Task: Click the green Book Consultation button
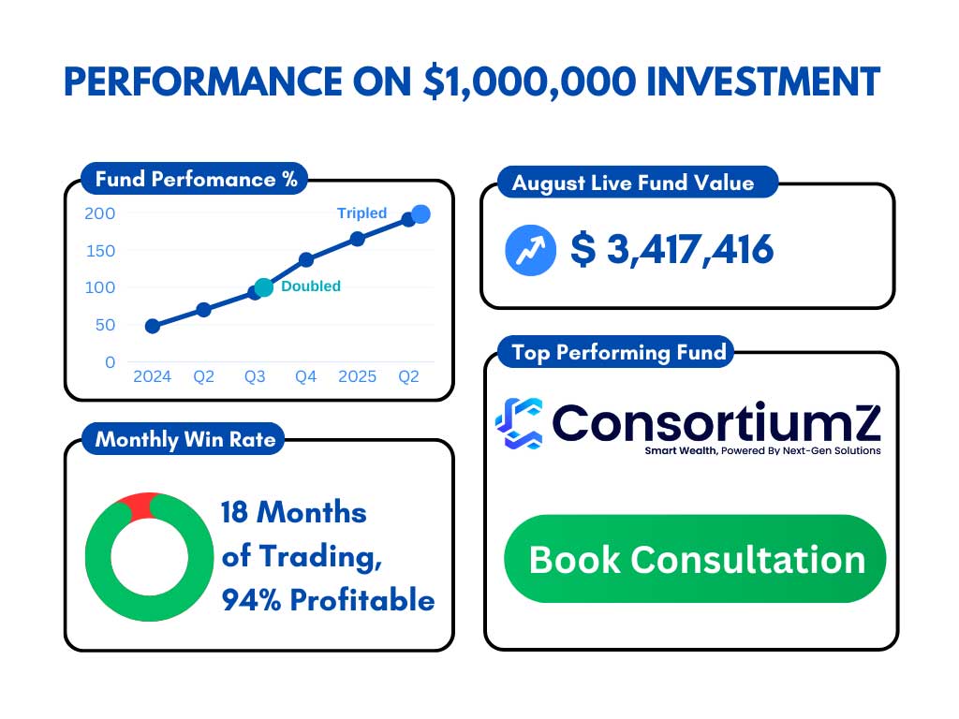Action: [695, 559]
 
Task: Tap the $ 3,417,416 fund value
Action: [671, 249]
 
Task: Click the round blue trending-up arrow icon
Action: [530, 250]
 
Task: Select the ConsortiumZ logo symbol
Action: [519, 423]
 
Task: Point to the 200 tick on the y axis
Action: [99, 213]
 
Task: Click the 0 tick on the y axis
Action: [111, 362]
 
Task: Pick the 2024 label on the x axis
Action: [153, 376]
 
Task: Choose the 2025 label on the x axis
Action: [357, 376]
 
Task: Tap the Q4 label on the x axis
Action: [306, 376]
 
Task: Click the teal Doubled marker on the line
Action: [263, 287]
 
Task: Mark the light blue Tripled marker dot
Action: [420, 214]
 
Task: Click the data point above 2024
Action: [153, 326]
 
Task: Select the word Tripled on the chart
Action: [362, 213]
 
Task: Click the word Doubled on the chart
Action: [311, 286]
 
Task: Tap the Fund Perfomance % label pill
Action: [195, 179]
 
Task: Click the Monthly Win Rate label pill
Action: [184, 439]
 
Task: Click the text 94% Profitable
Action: [328, 600]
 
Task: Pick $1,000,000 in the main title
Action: [530, 82]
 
